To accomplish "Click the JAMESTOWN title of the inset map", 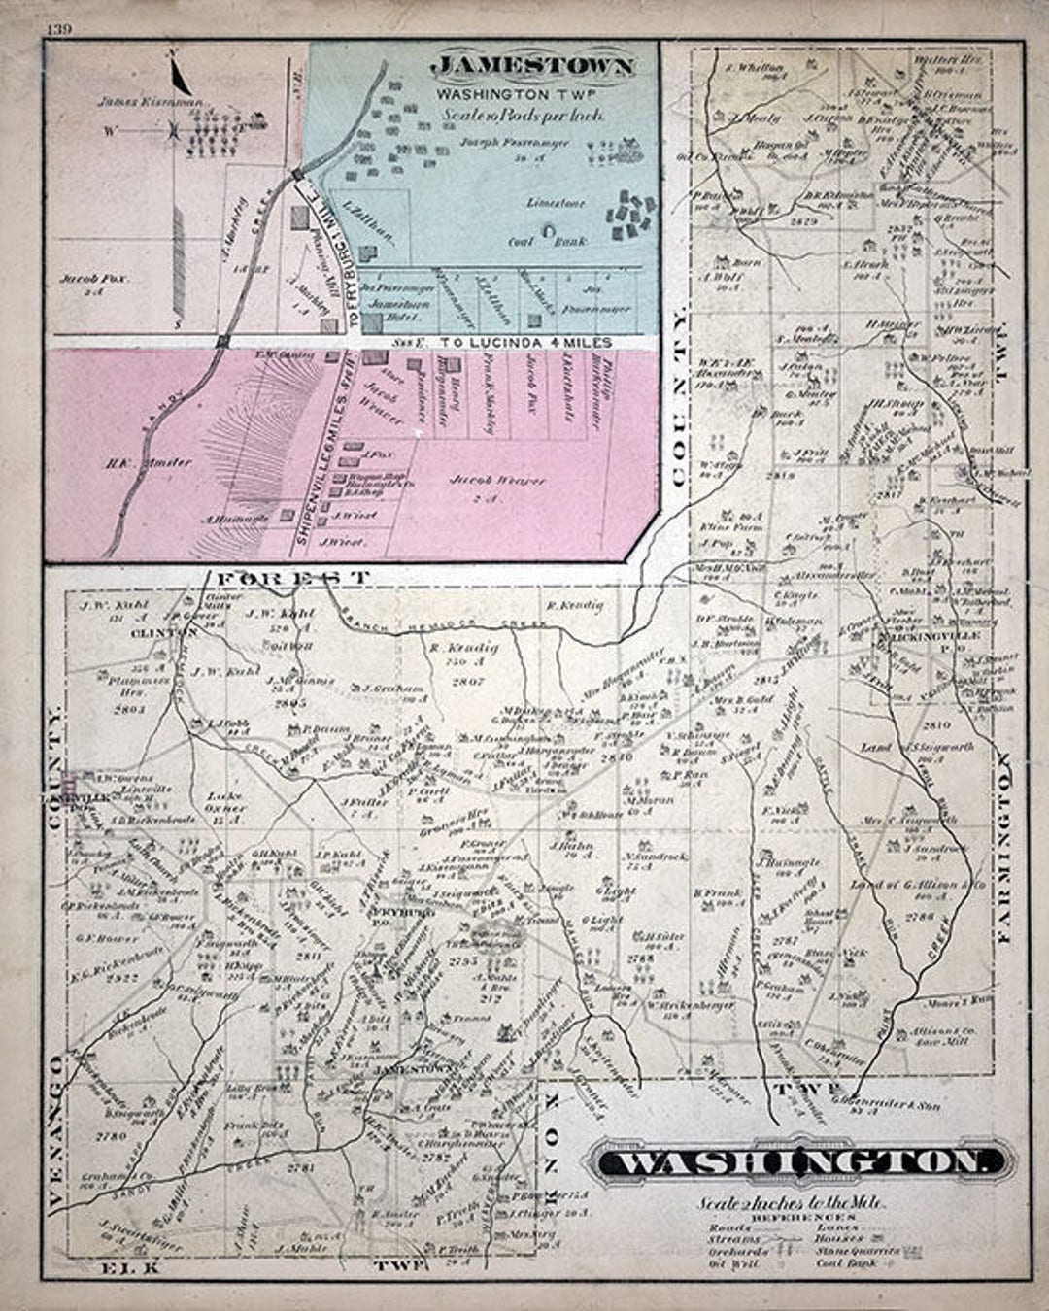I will [533, 67].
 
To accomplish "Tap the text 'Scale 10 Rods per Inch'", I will [524, 115].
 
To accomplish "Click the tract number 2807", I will [468, 682].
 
